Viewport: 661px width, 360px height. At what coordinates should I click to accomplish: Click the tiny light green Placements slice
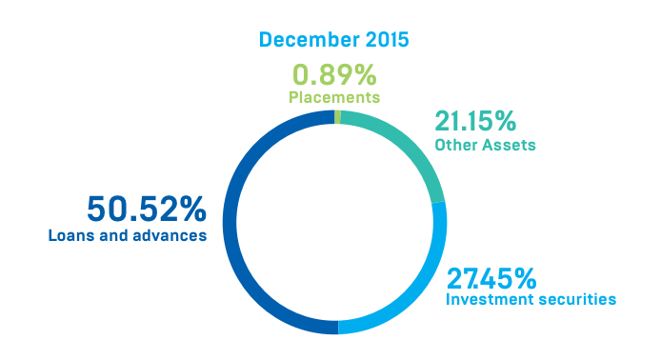pos(338,116)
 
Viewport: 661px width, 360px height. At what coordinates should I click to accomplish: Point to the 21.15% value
pos(475,122)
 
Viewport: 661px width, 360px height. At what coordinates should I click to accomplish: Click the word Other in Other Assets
pos(454,146)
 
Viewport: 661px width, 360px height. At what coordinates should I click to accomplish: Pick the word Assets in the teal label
pos(507,146)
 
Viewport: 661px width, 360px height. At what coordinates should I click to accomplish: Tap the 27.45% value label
pos(491,278)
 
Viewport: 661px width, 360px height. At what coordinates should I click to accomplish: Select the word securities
pos(576,300)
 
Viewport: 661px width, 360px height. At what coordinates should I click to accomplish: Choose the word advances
pos(170,233)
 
